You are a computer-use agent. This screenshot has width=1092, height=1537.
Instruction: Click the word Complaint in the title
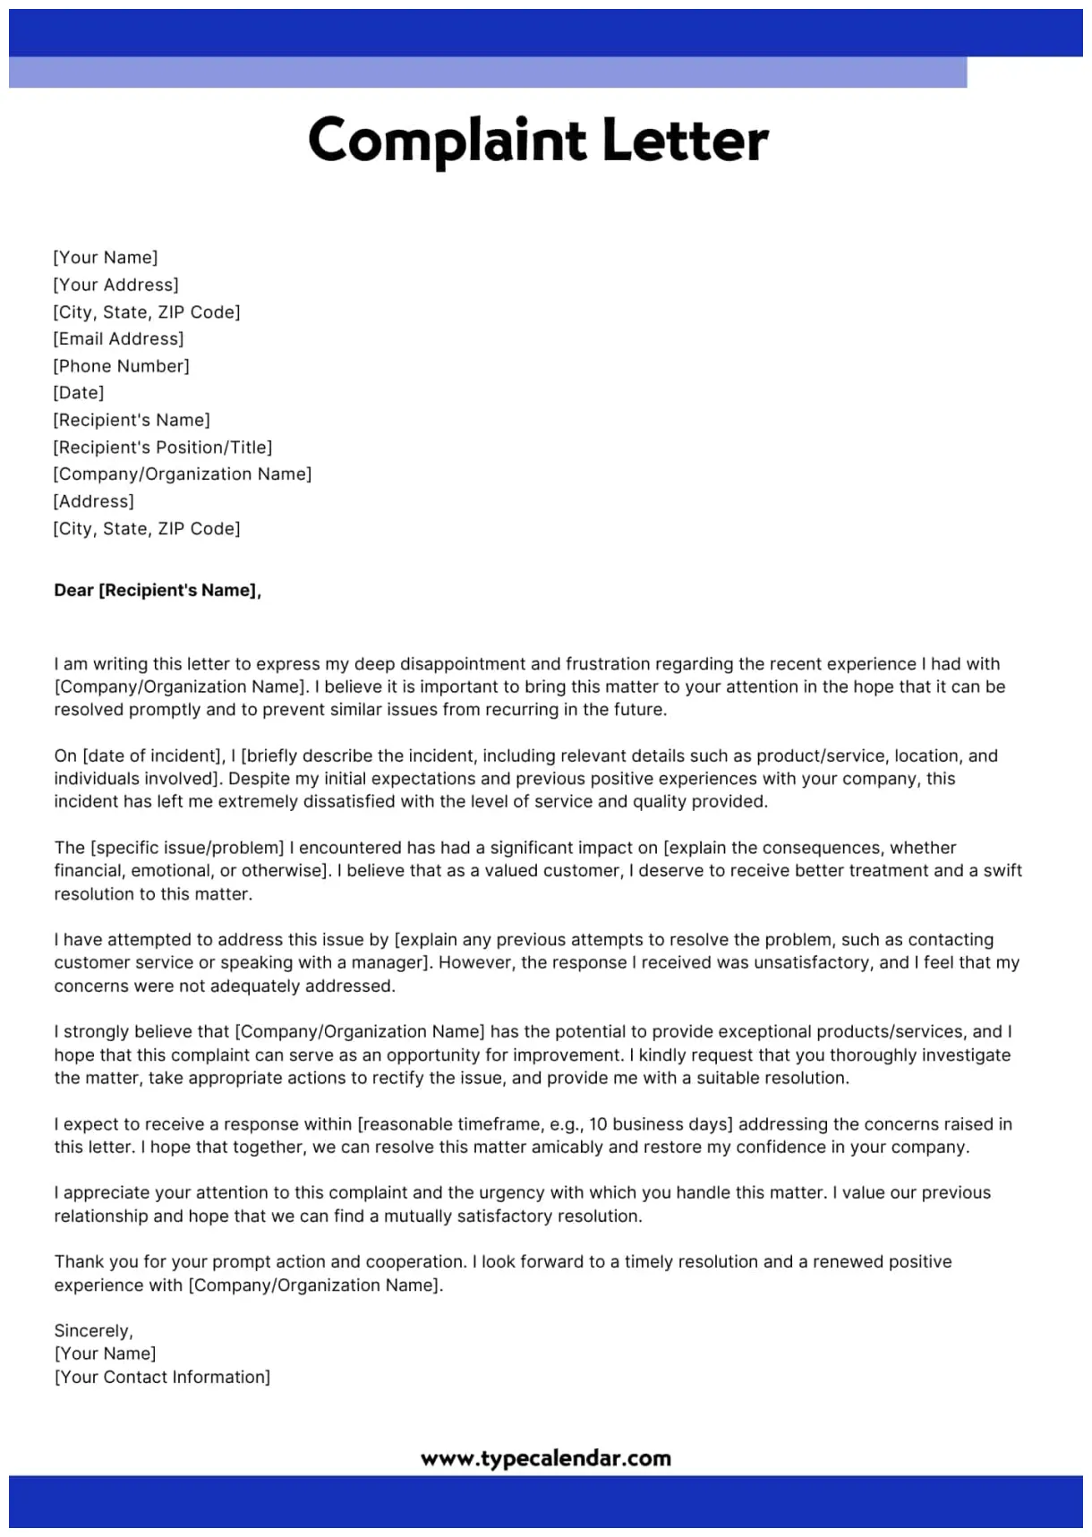pos(446,141)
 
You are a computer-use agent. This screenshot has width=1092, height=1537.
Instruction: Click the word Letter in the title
pos(685,141)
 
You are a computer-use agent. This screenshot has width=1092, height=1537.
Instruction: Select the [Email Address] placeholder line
pos(118,338)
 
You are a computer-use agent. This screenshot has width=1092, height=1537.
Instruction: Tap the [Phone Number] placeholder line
pos(121,365)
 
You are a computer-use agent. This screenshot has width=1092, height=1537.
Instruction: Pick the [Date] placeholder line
pos(79,392)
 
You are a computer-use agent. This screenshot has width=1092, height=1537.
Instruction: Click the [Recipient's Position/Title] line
pos(162,447)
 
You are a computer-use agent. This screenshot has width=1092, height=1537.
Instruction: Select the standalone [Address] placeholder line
pos(93,501)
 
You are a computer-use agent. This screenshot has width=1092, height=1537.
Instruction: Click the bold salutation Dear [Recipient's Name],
pos(158,590)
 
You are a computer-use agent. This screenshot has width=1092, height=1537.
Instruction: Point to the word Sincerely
pos(92,1330)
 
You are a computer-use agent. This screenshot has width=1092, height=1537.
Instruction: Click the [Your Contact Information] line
pos(162,1377)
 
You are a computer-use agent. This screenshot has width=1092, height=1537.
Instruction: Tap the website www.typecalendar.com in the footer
pos(545,1458)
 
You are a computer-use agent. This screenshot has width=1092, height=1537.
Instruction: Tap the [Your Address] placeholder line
pos(115,285)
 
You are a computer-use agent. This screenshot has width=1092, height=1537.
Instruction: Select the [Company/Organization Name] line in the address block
pos(182,474)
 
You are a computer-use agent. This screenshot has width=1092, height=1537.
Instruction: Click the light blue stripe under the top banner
pos(488,72)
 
